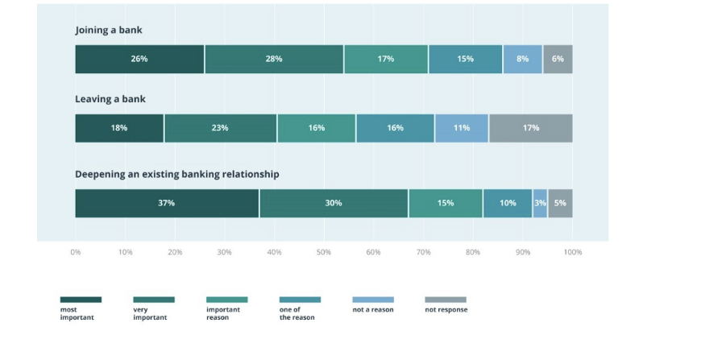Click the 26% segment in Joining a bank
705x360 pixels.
[x=139, y=59]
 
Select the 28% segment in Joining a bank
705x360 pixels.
[x=274, y=59]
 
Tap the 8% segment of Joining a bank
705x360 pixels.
[x=523, y=59]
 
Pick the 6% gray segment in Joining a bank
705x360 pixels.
[x=558, y=59]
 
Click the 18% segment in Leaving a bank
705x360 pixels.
[x=119, y=128]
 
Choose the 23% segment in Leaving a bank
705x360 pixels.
[x=220, y=128]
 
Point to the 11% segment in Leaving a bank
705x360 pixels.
[x=462, y=128]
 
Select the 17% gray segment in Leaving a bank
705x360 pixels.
[x=531, y=128]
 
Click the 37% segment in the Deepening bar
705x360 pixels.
[x=167, y=203]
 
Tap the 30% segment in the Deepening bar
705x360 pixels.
[x=334, y=203]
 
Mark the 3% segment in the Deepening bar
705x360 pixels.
[x=540, y=203]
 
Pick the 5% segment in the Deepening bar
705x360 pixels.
[x=560, y=203]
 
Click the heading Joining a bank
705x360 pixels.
[x=109, y=30]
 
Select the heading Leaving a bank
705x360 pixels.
[x=110, y=99]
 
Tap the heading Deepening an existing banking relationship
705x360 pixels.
[x=177, y=174]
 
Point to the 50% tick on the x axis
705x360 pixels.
[x=324, y=252]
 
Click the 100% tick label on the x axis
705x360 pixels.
[x=572, y=252]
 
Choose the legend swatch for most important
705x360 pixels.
[x=81, y=300]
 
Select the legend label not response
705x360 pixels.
[x=446, y=309]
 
